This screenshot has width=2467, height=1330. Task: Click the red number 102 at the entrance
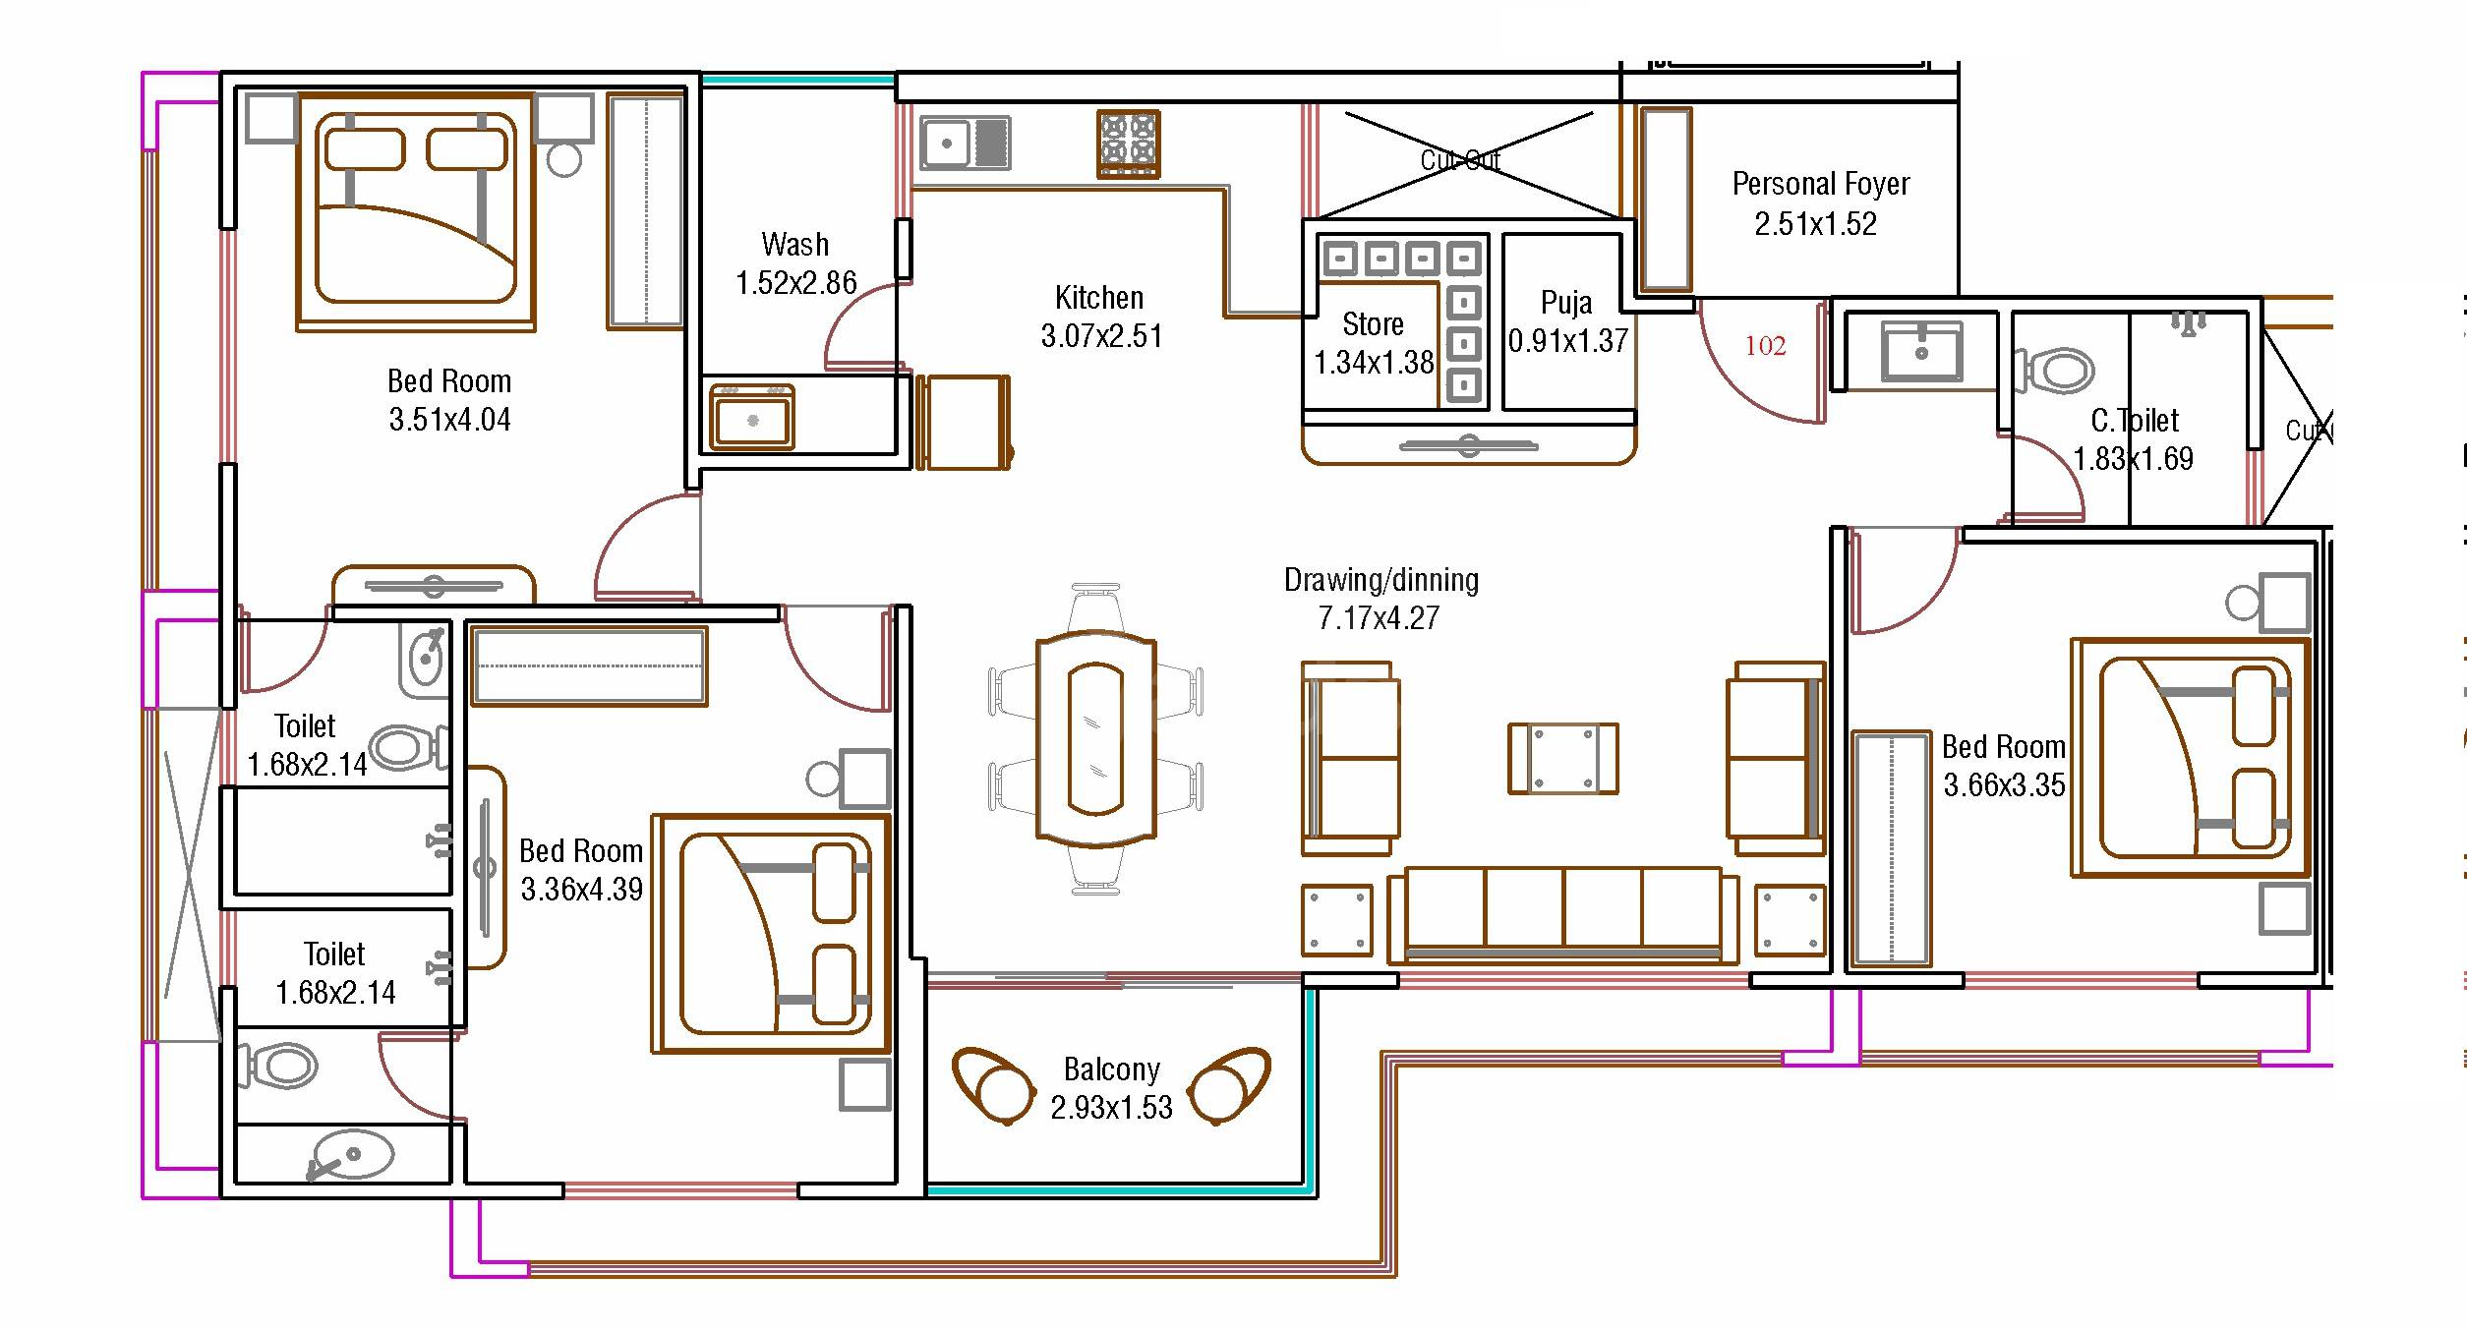coord(1765,346)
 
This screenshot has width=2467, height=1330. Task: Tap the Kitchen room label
coord(1098,298)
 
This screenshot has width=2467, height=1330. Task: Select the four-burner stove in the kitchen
coord(1128,144)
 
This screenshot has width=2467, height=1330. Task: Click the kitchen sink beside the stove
coord(965,144)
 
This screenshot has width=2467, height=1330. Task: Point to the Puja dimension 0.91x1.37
coord(1568,341)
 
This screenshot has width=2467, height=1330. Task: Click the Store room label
coord(1373,324)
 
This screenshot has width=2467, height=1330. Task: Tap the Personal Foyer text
coord(1820,185)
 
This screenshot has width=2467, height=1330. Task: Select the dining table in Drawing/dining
coord(1095,738)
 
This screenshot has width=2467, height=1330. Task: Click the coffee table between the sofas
coord(1562,759)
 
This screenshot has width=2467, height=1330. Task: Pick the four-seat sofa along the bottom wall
coord(1562,914)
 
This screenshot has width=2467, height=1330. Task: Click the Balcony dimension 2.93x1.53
coord(1111,1108)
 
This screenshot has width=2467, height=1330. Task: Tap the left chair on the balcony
coord(993,1085)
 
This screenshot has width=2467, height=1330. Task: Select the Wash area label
coord(794,245)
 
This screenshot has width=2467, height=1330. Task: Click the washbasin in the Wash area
coord(752,419)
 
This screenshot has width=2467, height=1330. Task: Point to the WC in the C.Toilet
coord(2058,372)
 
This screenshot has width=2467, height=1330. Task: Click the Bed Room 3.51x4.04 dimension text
coord(449,420)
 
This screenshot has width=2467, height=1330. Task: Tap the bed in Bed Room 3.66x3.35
coord(2190,758)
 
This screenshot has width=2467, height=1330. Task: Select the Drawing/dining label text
coord(1380,580)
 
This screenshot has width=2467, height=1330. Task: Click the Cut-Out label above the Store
coord(1460,160)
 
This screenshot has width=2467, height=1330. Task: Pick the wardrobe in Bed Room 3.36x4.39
coord(589,665)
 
